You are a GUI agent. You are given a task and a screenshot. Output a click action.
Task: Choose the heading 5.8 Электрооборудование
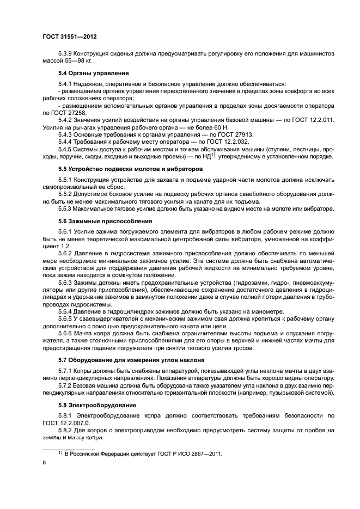coord(94,405)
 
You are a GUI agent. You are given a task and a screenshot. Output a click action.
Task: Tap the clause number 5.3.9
coord(65,53)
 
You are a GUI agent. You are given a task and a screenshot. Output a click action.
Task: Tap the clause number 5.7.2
coord(65,385)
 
